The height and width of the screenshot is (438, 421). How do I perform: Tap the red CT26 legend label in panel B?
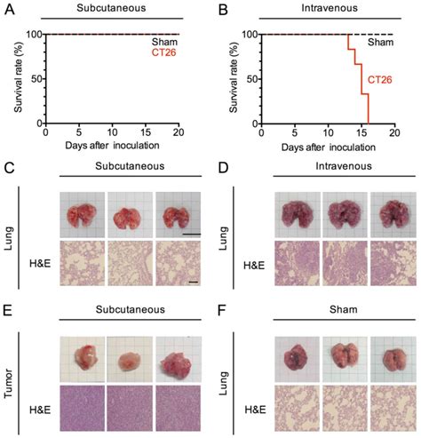(x=379, y=79)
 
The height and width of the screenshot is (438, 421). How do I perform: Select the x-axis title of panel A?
(x=113, y=145)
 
